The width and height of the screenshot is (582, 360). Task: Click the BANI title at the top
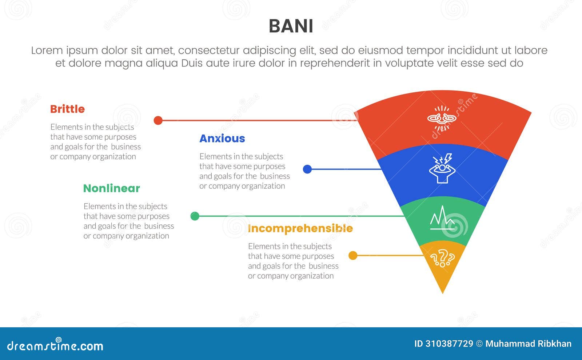(x=291, y=26)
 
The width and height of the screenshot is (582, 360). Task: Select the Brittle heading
(x=67, y=109)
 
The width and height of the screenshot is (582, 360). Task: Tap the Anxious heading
(x=222, y=139)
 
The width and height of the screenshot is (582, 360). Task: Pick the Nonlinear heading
(x=111, y=188)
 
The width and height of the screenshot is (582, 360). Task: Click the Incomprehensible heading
(x=300, y=228)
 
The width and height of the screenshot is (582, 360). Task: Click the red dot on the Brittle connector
(x=158, y=120)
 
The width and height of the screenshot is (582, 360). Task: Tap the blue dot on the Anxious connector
(x=307, y=169)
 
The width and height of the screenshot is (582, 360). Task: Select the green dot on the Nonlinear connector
(x=195, y=216)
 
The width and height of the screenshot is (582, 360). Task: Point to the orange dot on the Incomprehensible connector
(x=353, y=256)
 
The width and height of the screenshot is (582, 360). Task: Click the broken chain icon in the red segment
(x=442, y=118)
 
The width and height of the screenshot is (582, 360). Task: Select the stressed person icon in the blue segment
(x=442, y=168)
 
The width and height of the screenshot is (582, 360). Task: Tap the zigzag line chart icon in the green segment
(x=442, y=218)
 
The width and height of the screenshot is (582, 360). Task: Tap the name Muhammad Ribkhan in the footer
(x=528, y=344)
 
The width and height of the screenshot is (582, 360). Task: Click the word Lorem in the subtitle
(x=46, y=51)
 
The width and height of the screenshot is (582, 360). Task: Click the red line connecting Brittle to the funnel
(x=255, y=120)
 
